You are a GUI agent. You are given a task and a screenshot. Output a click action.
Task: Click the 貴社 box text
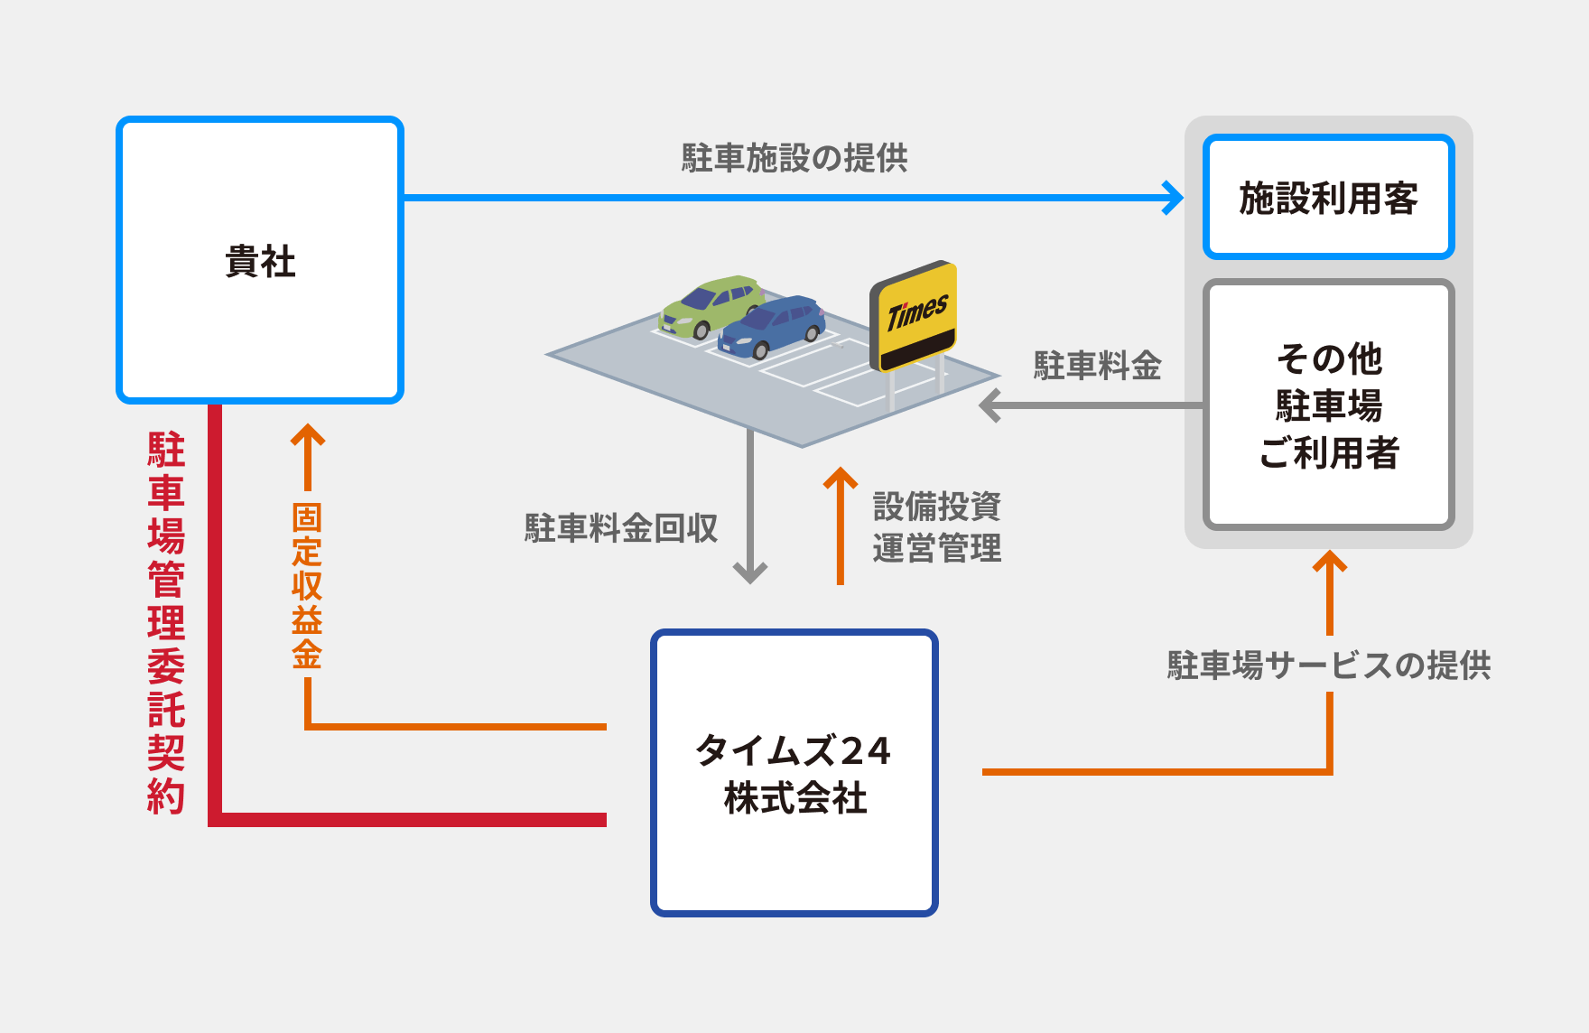(260, 262)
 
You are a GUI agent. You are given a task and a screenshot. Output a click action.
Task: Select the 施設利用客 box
(1327, 198)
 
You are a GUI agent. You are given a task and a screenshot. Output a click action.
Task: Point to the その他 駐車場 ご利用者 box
(1328, 405)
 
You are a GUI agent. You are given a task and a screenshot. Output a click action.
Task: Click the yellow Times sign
(915, 314)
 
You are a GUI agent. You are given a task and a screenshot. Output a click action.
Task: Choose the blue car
(772, 326)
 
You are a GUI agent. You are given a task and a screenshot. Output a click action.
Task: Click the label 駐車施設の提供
(794, 158)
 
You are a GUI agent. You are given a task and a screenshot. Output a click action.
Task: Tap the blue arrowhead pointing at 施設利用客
(1174, 197)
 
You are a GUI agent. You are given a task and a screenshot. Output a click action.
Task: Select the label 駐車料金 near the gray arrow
(1097, 366)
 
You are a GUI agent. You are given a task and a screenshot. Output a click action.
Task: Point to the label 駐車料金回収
(620, 528)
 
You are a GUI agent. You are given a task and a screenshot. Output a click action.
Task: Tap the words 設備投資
(936, 507)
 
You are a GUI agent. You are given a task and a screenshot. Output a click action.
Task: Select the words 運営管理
(936, 548)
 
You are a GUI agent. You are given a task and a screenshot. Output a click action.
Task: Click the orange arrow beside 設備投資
(841, 524)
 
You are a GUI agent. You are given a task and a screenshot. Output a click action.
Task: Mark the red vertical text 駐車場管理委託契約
(166, 623)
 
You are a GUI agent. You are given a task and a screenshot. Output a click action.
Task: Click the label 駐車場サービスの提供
(1328, 665)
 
